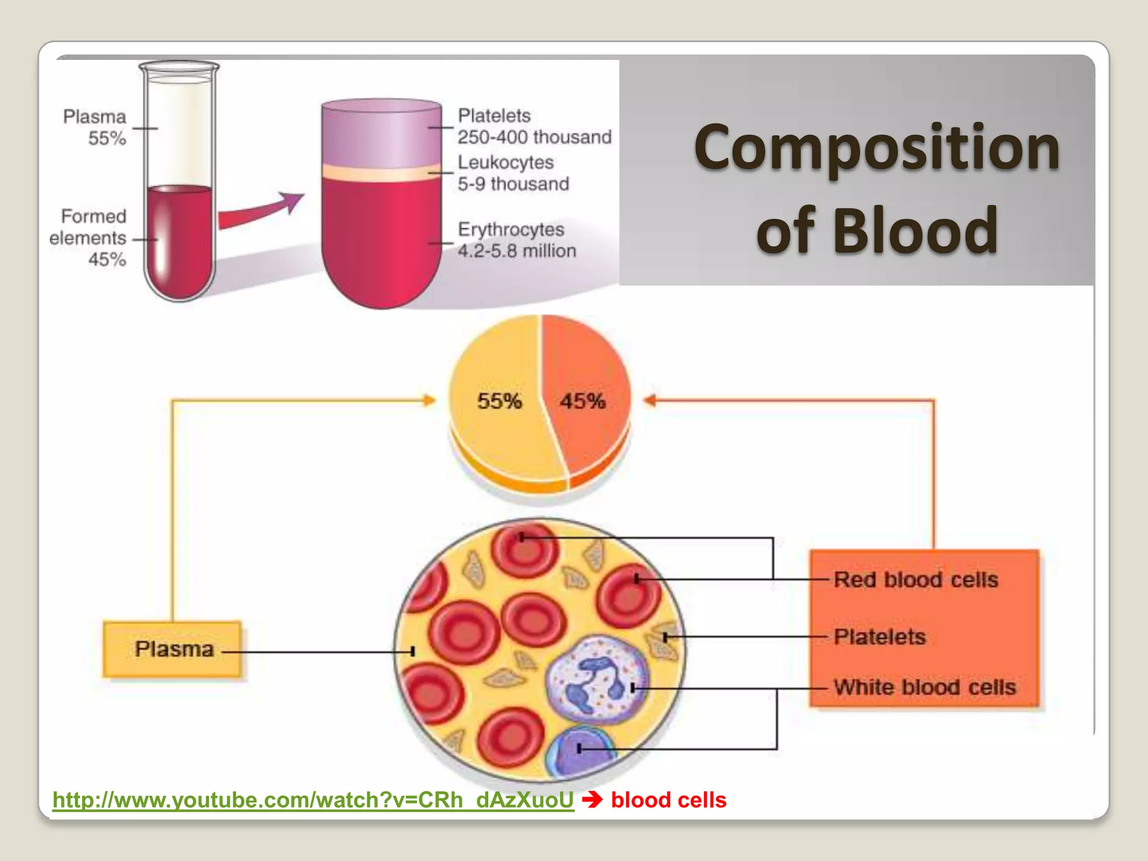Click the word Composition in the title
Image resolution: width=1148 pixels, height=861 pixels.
(x=877, y=149)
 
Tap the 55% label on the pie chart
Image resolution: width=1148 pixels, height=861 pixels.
(x=499, y=401)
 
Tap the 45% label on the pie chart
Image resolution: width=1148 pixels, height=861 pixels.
(x=582, y=401)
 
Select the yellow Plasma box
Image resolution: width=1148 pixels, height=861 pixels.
(x=173, y=649)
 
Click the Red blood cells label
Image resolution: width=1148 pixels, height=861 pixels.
(x=916, y=580)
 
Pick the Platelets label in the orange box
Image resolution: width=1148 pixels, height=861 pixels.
(x=879, y=637)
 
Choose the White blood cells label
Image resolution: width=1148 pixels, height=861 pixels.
(x=924, y=687)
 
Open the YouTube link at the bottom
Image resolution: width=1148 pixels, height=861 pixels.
(x=313, y=800)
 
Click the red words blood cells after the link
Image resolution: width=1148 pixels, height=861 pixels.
(x=668, y=800)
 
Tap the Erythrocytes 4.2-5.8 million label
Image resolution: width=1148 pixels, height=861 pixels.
(x=516, y=240)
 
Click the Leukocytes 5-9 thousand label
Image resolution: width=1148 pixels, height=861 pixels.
(x=512, y=173)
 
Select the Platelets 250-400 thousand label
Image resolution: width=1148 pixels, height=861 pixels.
(x=534, y=126)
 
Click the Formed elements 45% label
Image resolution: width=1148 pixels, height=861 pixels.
(x=90, y=238)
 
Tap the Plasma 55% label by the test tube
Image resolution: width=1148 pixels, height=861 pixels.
(x=95, y=127)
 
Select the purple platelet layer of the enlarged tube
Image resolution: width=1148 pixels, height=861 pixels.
(x=381, y=135)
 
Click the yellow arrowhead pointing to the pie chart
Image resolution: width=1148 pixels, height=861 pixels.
(x=429, y=400)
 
